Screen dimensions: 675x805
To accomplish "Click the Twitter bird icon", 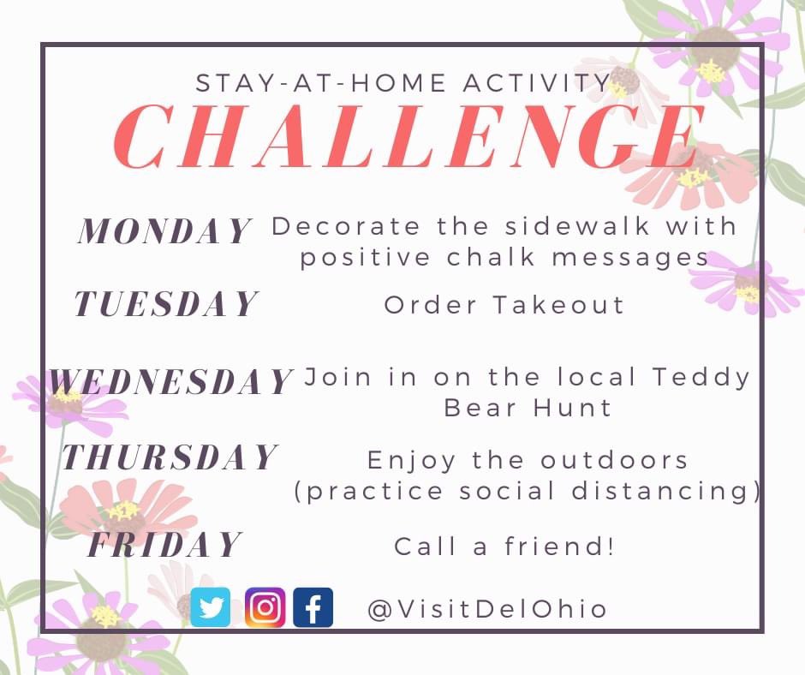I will (211, 607).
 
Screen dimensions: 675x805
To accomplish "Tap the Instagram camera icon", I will (265, 607).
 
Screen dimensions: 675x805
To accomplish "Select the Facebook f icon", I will (313, 607).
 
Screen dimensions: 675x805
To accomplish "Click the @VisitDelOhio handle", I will (487, 609).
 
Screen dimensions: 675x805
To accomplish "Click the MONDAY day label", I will (165, 231).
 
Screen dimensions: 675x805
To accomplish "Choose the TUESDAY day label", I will (165, 304).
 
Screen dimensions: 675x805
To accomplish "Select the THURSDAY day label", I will (170, 457).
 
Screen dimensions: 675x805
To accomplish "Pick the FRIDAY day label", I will (165, 546).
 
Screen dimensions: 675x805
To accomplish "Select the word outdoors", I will (614, 460).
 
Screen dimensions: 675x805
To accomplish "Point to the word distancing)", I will (671, 491).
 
